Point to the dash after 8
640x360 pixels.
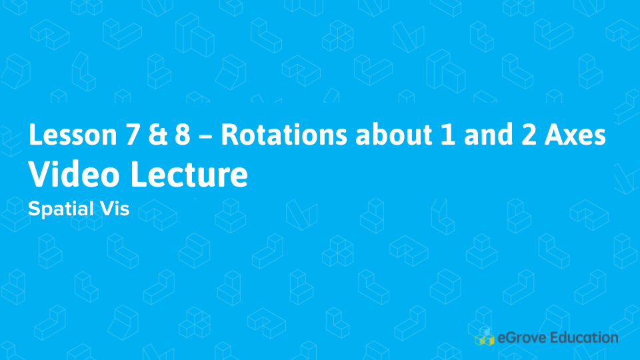[205, 137]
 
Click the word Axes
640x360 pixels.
[574, 135]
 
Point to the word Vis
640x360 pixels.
[115, 209]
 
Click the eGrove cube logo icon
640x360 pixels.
[485, 338]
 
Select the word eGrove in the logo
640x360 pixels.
[521, 338]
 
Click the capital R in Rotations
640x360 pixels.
[229, 135]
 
